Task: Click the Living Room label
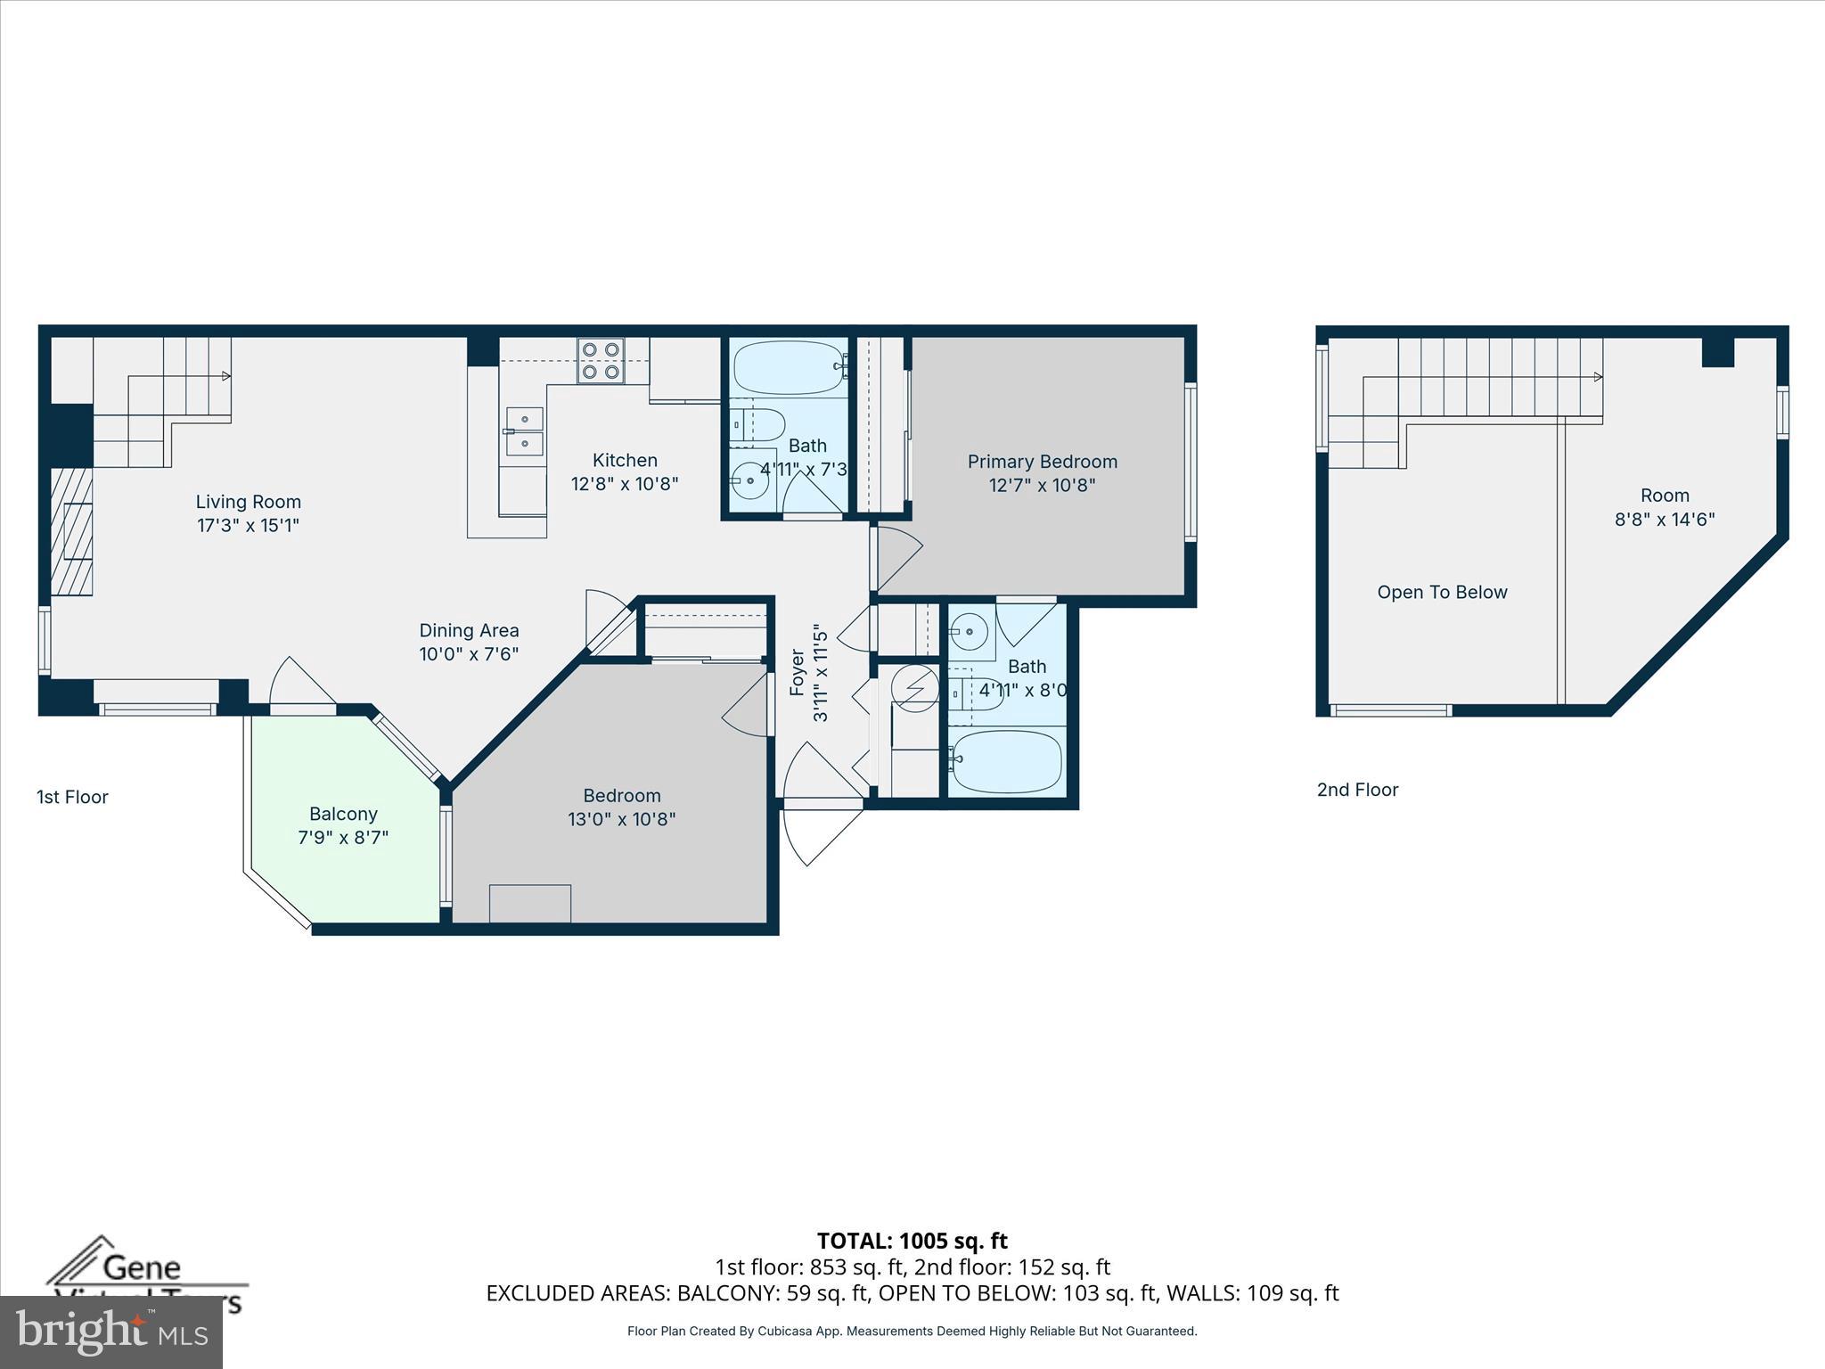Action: pyautogui.click(x=248, y=502)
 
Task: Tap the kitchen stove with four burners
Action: pyautogui.click(x=600, y=361)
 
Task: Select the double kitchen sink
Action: pyautogui.click(x=525, y=430)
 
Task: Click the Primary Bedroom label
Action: pyautogui.click(x=1042, y=462)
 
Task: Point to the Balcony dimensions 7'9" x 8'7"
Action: pyautogui.click(x=343, y=838)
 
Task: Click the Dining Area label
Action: pyautogui.click(x=469, y=631)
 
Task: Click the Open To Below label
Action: pyautogui.click(x=1442, y=593)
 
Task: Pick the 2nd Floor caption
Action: pyautogui.click(x=1357, y=790)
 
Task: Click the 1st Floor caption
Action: pyautogui.click(x=72, y=797)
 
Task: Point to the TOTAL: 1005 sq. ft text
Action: pyautogui.click(x=912, y=1241)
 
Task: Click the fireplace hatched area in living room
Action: pyautogui.click(x=71, y=531)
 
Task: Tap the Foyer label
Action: pyautogui.click(x=798, y=672)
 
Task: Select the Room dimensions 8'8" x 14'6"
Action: pyautogui.click(x=1665, y=520)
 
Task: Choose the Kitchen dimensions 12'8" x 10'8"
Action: pyautogui.click(x=625, y=484)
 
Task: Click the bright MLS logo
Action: pyautogui.click(x=111, y=1332)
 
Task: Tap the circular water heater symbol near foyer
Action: pyautogui.click(x=915, y=688)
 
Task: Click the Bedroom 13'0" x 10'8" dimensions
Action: pyautogui.click(x=621, y=819)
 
